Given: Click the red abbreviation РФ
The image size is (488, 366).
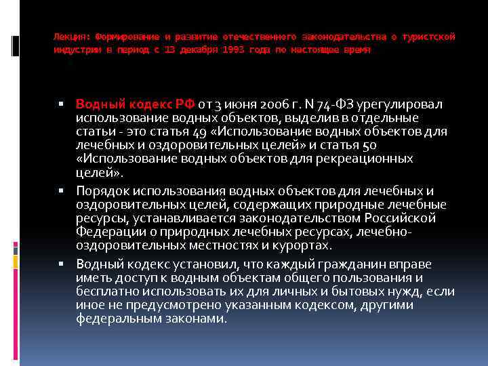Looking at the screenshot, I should (185, 104).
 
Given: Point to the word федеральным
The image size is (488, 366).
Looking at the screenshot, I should (113, 318).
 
